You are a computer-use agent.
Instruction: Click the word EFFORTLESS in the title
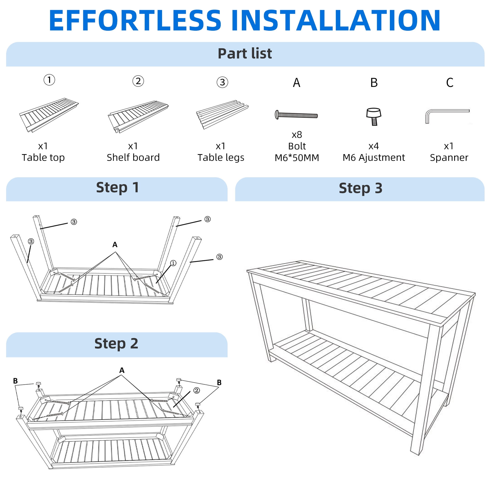coord(135,20)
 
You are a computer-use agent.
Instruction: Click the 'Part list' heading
coord(245,53)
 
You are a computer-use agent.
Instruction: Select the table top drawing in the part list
coord(49,115)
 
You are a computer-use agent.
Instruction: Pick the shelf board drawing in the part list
coord(138,117)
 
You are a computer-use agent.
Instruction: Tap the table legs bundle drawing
coord(222,115)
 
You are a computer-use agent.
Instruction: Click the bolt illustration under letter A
coord(296,115)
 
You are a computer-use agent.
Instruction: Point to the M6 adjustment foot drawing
coord(374,117)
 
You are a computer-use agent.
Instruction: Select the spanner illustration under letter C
coord(447,116)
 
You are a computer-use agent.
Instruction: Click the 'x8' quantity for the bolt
coord(297,135)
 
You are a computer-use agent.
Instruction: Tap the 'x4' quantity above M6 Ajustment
coord(374,146)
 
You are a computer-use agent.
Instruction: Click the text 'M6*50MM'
coord(297,158)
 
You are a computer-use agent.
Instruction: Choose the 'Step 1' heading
coord(118,188)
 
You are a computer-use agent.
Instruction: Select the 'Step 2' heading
coord(116,344)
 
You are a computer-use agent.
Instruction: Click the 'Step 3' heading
coord(361,188)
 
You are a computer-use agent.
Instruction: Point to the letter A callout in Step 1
coord(115,245)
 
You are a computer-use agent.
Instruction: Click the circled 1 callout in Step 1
coord(173,263)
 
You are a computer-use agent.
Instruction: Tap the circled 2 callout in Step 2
coord(196,390)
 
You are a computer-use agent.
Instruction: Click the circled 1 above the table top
coord(49,80)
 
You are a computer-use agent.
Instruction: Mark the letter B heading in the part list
coord(374,82)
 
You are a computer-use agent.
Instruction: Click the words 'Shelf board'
coord(133,158)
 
